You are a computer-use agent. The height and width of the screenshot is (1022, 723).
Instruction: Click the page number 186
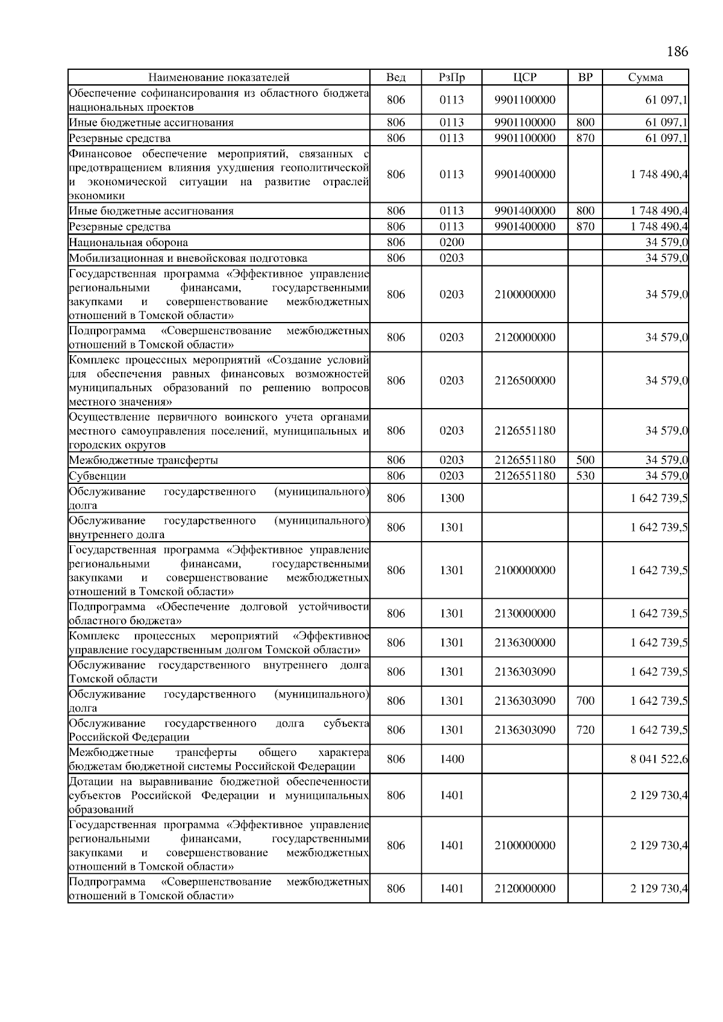pyautogui.click(x=677, y=52)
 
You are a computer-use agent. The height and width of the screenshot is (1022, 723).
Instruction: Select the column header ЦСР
pyautogui.click(x=524, y=77)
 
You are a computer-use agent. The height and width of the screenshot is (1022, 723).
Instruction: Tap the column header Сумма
pyautogui.click(x=645, y=77)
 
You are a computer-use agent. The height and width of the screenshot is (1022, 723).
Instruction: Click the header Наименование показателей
pyautogui.click(x=219, y=77)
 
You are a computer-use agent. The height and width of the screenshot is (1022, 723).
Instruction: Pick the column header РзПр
pyautogui.click(x=451, y=77)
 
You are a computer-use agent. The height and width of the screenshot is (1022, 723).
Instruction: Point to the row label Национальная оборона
pyautogui.click(x=128, y=243)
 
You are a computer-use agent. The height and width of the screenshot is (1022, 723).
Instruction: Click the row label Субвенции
pyautogui.click(x=97, y=476)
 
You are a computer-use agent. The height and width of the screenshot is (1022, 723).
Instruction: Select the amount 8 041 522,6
pyautogui.click(x=659, y=759)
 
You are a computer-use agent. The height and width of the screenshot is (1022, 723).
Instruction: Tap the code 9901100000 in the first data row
pyautogui.click(x=524, y=100)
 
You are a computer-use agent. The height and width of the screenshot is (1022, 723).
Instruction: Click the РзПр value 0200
pyautogui.click(x=451, y=243)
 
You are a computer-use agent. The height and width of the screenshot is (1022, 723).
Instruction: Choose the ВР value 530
pyautogui.click(x=584, y=476)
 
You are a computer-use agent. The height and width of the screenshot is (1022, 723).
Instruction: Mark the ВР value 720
pyautogui.click(x=584, y=730)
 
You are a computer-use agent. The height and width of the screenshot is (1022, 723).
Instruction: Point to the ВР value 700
pyautogui.click(x=584, y=701)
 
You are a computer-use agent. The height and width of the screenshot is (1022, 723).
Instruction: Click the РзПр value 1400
pyautogui.click(x=451, y=759)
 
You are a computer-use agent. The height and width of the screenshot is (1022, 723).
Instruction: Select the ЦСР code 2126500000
pyautogui.click(x=524, y=380)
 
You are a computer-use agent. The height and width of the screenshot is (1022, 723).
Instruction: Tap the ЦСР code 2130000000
pyautogui.click(x=524, y=613)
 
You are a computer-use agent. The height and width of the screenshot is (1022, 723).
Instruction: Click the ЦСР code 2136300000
pyautogui.click(x=524, y=643)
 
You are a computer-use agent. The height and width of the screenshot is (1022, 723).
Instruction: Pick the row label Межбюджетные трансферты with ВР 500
pyautogui.click(x=143, y=460)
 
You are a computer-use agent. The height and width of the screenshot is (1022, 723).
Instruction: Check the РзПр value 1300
pyautogui.click(x=451, y=498)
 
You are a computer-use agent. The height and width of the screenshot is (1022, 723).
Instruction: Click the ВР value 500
pyautogui.click(x=584, y=460)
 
